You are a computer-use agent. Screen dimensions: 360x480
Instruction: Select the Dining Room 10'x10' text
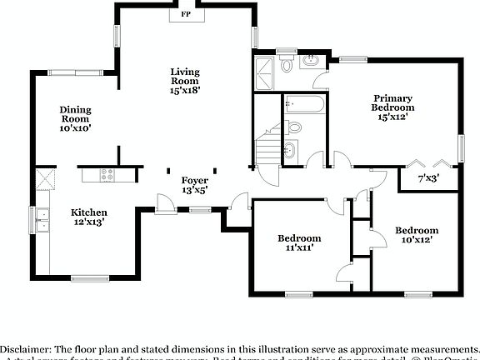pyautogui.click(x=75, y=119)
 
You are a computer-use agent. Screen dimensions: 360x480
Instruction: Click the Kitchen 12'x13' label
pyautogui.click(x=88, y=217)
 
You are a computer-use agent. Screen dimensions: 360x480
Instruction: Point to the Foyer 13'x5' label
pyautogui.click(x=195, y=185)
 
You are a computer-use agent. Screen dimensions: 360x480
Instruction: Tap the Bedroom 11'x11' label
pyautogui.click(x=299, y=242)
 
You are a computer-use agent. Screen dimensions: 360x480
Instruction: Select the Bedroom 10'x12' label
pyautogui.click(x=417, y=235)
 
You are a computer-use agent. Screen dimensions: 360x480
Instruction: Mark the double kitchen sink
pyautogui.click(x=42, y=219)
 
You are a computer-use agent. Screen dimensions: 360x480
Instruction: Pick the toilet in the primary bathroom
pyautogui.click(x=287, y=64)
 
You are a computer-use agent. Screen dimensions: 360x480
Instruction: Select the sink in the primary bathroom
pyautogui.click(x=312, y=60)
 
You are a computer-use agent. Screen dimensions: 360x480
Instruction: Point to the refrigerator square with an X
pyautogui.click(x=43, y=180)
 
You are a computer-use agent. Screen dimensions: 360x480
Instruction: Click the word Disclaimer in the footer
pyautogui.click(x=26, y=347)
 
